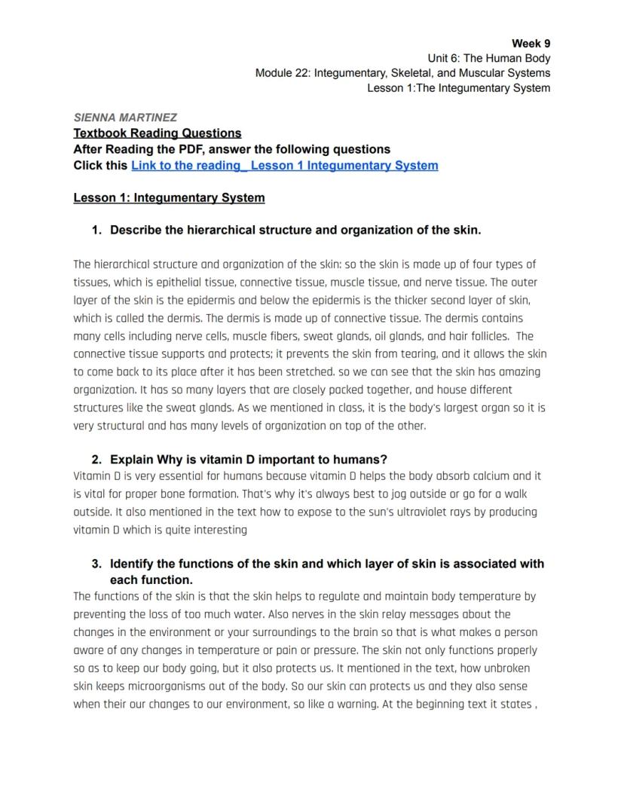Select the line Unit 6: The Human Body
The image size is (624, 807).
click(x=488, y=58)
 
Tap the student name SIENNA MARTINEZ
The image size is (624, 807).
click(x=125, y=118)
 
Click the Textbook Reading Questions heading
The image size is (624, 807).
click(x=157, y=133)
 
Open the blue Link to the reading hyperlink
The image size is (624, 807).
click(x=284, y=165)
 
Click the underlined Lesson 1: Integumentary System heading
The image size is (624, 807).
click(x=169, y=197)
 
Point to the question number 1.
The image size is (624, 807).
click(x=96, y=230)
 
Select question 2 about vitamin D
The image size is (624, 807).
click(x=249, y=460)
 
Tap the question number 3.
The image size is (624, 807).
click(x=96, y=564)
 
